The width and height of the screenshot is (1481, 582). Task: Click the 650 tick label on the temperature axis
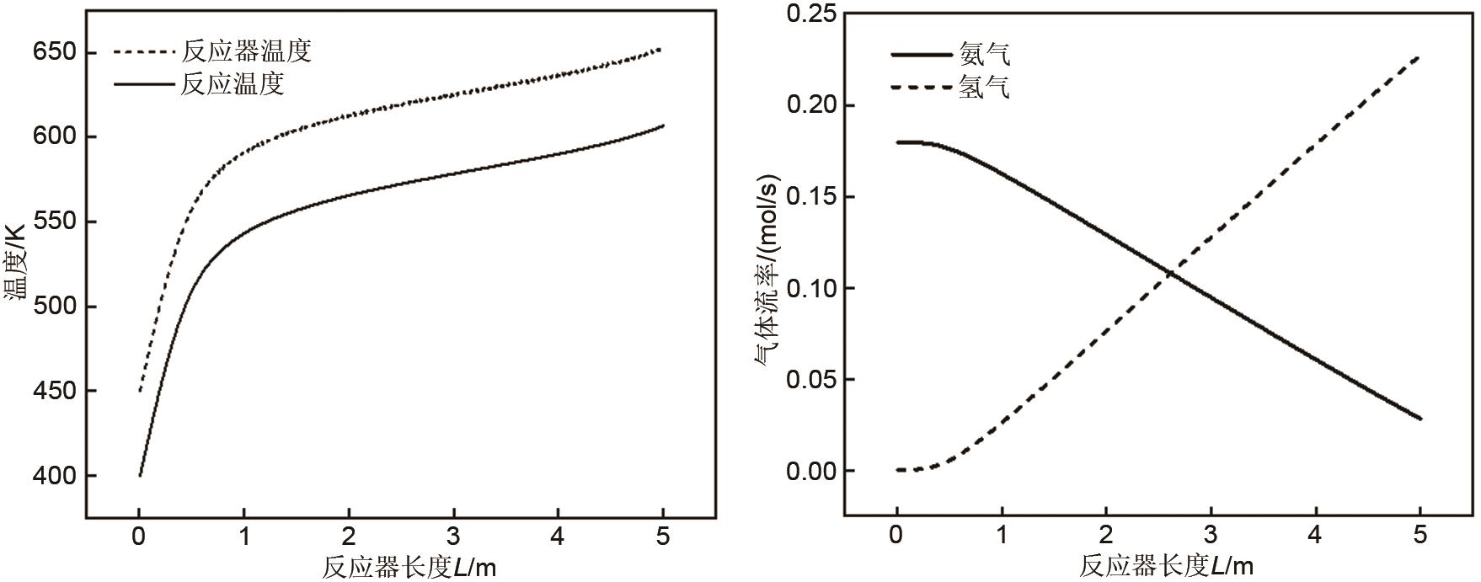[53, 53]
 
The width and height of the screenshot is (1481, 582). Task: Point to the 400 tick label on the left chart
[53, 477]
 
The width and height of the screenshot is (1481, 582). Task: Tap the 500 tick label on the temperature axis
[53, 307]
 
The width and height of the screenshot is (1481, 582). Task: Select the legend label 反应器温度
[246, 51]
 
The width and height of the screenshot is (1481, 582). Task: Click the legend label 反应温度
[232, 83]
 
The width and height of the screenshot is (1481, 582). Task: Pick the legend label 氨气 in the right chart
[984, 55]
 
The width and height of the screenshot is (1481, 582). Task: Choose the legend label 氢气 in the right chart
[984, 87]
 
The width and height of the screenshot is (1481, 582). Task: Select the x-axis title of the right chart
[1166, 566]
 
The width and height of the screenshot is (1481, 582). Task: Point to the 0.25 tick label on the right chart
[810, 14]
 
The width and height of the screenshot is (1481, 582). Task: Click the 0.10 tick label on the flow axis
[810, 289]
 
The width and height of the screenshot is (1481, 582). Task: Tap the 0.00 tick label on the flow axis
[810, 472]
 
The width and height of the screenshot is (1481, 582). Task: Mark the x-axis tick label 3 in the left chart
[453, 537]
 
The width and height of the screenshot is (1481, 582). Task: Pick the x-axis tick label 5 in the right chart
[1420, 536]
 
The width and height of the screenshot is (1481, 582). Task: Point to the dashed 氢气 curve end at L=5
[1420, 57]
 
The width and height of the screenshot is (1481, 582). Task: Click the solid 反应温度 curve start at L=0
[140, 476]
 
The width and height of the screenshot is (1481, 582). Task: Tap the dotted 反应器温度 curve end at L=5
[661, 50]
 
